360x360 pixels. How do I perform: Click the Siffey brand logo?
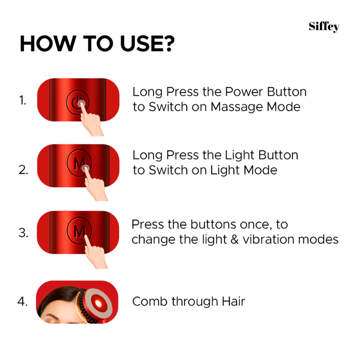[x=324, y=27]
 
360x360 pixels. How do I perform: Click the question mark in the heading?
[x=168, y=45]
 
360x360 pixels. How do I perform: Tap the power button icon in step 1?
[x=75, y=101]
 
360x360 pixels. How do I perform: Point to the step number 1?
[x=23, y=100]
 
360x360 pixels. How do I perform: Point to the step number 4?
[x=23, y=301]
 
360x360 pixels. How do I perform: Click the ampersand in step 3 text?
[x=234, y=239]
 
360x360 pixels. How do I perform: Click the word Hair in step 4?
[x=232, y=301]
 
